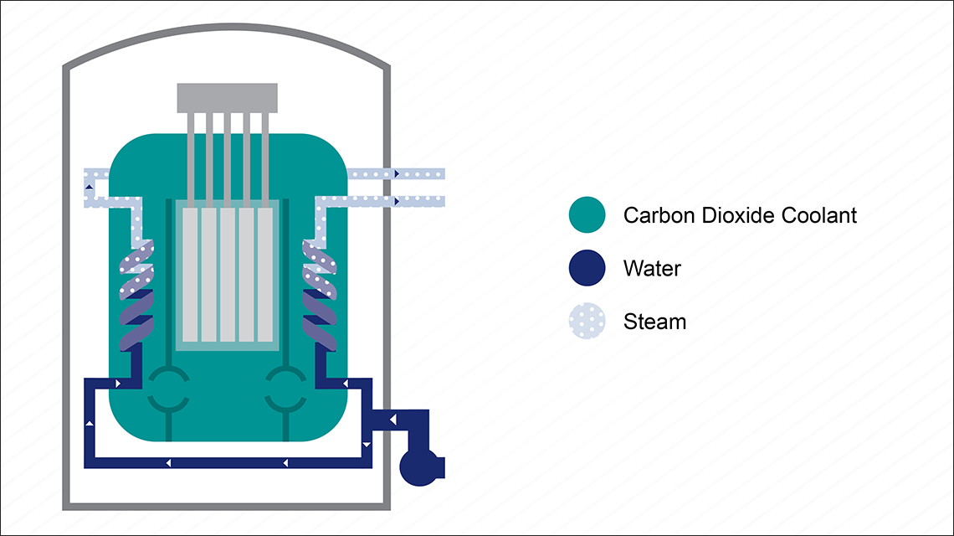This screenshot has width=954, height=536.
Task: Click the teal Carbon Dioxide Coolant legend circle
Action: [587, 215]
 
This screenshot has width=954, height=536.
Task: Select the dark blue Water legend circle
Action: [587, 268]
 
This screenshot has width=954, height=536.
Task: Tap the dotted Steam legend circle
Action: [587, 321]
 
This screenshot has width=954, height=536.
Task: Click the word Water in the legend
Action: [652, 269]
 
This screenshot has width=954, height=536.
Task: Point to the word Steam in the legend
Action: [654, 322]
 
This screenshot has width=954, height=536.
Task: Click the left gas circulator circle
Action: [169, 389]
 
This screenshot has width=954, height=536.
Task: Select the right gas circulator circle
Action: [286, 389]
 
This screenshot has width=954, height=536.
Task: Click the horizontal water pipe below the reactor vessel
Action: [226, 462]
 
